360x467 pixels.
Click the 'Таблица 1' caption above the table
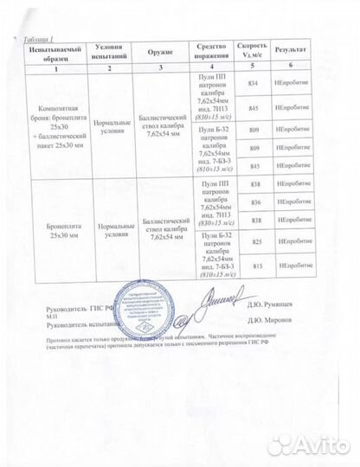(x=35, y=40)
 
